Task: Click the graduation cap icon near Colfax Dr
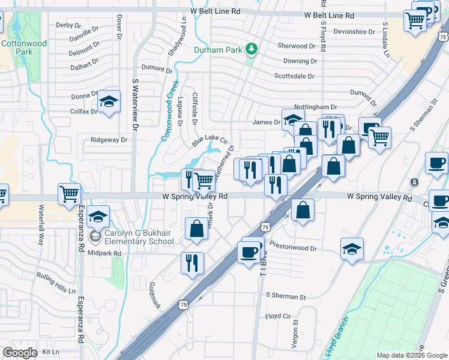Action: (x=109, y=102)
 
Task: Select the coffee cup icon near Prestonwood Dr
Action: (x=250, y=251)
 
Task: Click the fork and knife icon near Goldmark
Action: (x=192, y=262)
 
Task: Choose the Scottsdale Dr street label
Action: (x=294, y=76)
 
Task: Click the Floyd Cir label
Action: (x=278, y=316)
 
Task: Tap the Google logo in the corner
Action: (x=20, y=352)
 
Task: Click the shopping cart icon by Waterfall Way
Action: (x=70, y=194)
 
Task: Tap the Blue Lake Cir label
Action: (x=210, y=142)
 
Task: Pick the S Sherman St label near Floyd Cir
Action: (x=285, y=296)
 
